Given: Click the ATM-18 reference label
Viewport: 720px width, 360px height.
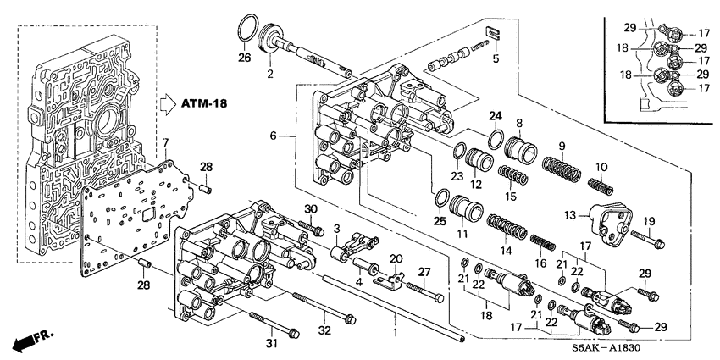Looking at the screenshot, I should click(x=208, y=104).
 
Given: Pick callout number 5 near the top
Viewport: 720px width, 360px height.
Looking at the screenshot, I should click(x=496, y=58).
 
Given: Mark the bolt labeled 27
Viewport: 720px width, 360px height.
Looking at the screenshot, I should click(x=424, y=293).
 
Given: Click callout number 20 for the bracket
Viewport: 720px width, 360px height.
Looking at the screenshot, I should click(x=395, y=258).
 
